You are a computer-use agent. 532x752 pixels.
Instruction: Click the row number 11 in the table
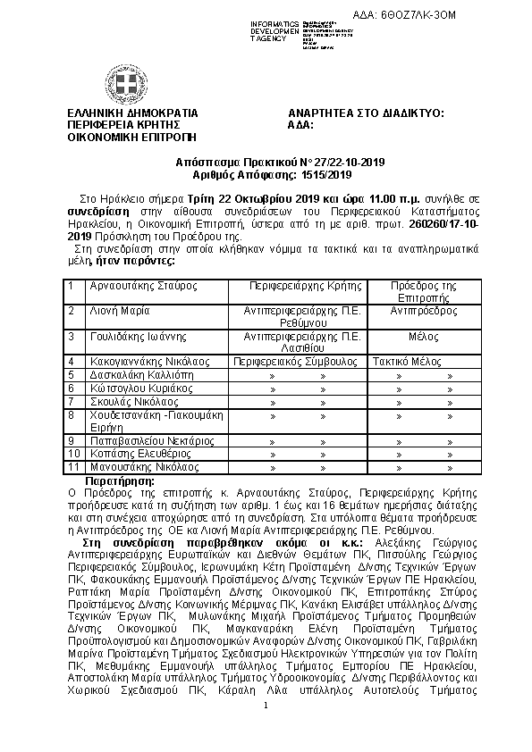[x=74, y=466]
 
